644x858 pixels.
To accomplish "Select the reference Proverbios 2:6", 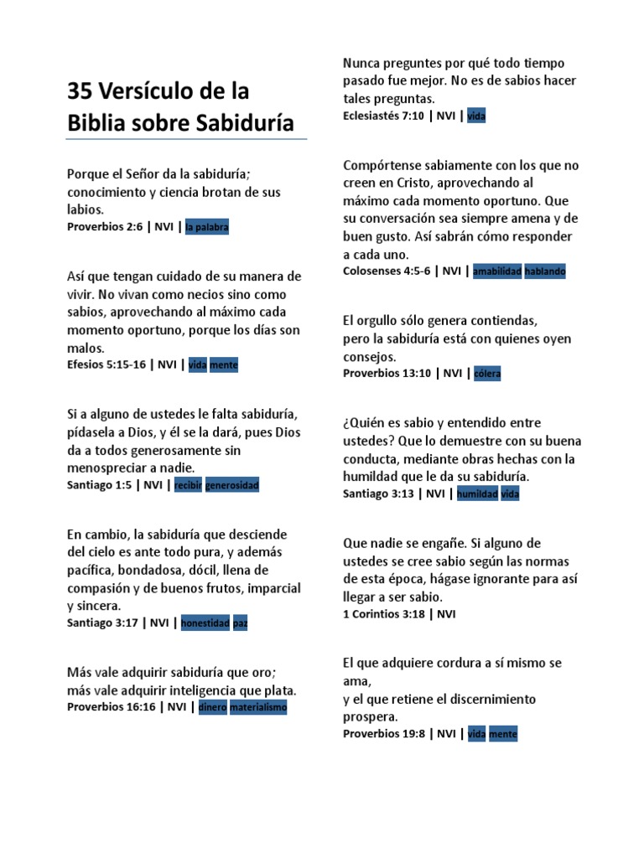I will [x=105, y=227].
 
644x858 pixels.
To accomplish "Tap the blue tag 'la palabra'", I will [x=207, y=227].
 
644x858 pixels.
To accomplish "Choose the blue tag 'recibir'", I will [x=188, y=485].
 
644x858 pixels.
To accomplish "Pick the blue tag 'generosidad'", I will [x=232, y=485].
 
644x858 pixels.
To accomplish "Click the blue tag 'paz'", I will [x=241, y=623].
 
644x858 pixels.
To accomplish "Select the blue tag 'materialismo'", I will [x=258, y=707].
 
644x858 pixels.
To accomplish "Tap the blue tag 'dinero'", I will [x=212, y=707].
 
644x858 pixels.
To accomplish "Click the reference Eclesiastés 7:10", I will [x=383, y=116].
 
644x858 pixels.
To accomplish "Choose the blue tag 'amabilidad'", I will [x=497, y=271].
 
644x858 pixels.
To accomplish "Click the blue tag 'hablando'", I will [x=545, y=271].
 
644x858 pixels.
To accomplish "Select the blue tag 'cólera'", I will [x=486, y=374].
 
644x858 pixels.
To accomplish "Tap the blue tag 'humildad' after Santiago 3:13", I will [x=477, y=494].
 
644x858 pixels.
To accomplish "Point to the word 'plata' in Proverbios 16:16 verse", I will [x=279, y=690].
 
